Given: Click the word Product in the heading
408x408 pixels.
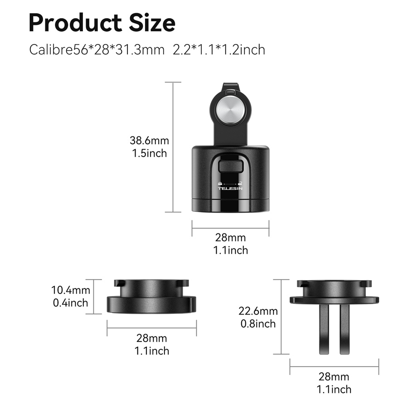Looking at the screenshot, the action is pos(75,23).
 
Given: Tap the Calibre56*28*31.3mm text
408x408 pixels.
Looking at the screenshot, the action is pos(97,49).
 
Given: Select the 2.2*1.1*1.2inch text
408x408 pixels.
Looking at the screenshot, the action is pos(219,49).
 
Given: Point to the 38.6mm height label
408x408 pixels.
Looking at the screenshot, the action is pos(149,141).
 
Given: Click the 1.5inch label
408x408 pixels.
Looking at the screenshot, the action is pos(149,153).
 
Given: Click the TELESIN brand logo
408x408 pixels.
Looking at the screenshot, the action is pos(230,189).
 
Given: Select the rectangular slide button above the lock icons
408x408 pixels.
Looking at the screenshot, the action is pos(231,166).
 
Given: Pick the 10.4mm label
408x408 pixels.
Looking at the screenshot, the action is pos(71,290).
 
